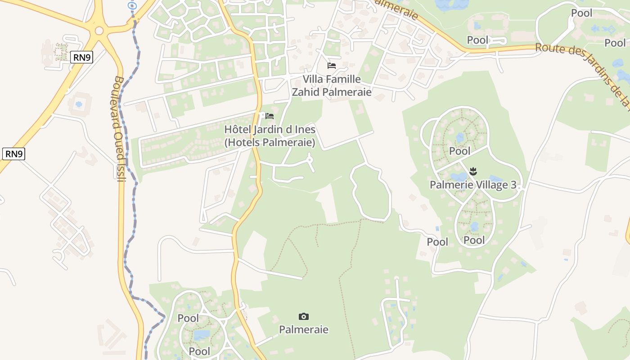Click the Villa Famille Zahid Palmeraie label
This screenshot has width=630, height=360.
pyautogui.click(x=332, y=85)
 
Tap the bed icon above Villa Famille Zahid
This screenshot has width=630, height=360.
pyautogui.click(x=332, y=66)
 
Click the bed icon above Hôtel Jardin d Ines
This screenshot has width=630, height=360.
pyautogui.click(x=270, y=116)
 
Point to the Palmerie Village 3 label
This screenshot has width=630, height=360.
pyautogui.click(x=473, y=184)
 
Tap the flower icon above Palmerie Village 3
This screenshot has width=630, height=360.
pyautogui.click(x=473, y=171)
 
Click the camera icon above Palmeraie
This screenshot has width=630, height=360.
pyautogui.click(x=304, y=316)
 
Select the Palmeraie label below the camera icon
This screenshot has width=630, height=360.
pyautogui.click(x=304, y=329)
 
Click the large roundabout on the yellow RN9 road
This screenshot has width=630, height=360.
pyautogui.click(x=99, y=31)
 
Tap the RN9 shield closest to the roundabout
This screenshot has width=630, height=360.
pyautogui.click(x=81, y=57)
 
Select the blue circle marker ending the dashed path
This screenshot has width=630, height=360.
pyautogui.click(x=132, y=5)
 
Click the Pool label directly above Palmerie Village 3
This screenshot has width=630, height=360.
pyautogui.click(x=460, y=151)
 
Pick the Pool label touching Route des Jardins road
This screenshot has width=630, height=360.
pyautogui.click(x=477, y=40)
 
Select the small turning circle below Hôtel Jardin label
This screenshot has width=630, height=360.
pyautogui.click(x=310, y=159)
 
